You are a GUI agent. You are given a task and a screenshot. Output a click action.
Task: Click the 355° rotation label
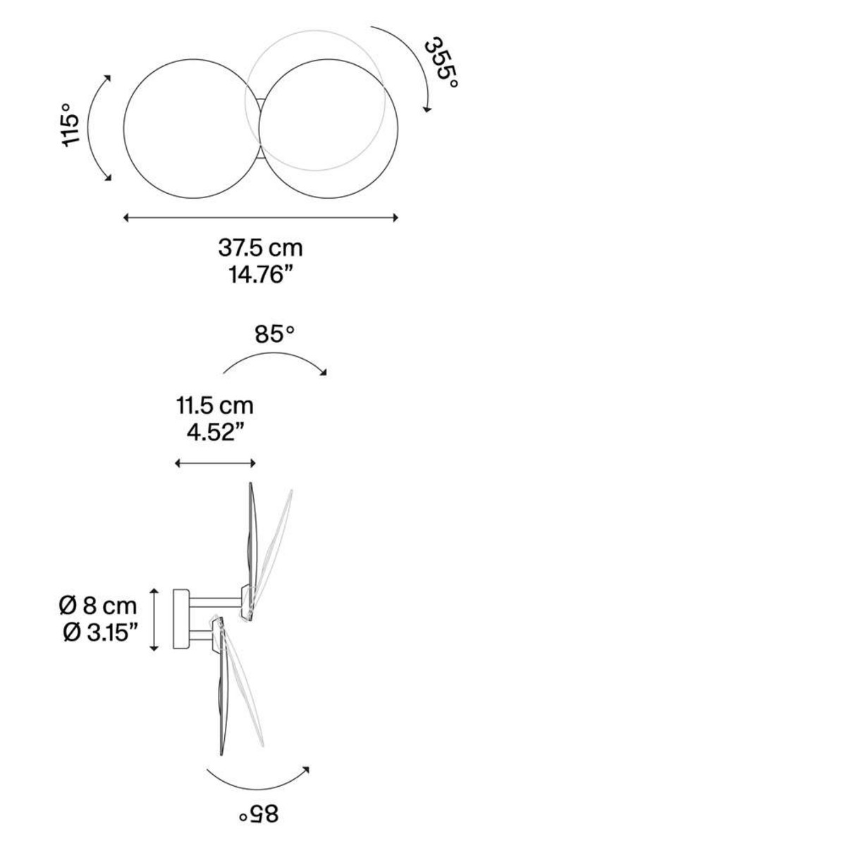(441, 63)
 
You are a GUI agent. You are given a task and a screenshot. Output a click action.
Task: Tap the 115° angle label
(70, 125)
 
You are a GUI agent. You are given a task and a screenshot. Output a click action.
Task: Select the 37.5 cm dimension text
(261, 248)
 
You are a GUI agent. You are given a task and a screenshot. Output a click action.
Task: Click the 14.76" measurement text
(261, 276)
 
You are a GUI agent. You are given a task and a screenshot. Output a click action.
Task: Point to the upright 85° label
(274, 335)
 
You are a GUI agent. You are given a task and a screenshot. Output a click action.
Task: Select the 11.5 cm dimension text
(215, 405)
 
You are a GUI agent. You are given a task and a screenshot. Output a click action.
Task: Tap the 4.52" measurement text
(216, 433)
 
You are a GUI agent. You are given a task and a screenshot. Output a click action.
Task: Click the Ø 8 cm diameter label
(98, 606)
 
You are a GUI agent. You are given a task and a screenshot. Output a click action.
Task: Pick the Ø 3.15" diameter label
(101, 633)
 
